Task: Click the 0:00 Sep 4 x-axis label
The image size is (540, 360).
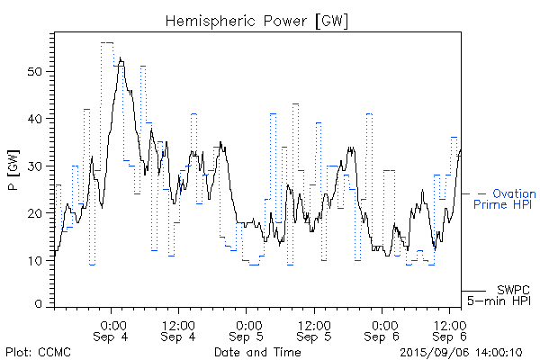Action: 112,329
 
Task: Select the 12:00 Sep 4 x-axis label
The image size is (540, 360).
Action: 179,329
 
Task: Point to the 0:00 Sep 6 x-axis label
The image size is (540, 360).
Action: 382,329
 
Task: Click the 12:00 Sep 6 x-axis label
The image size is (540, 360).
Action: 450,329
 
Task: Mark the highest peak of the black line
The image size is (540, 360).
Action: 120,58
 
